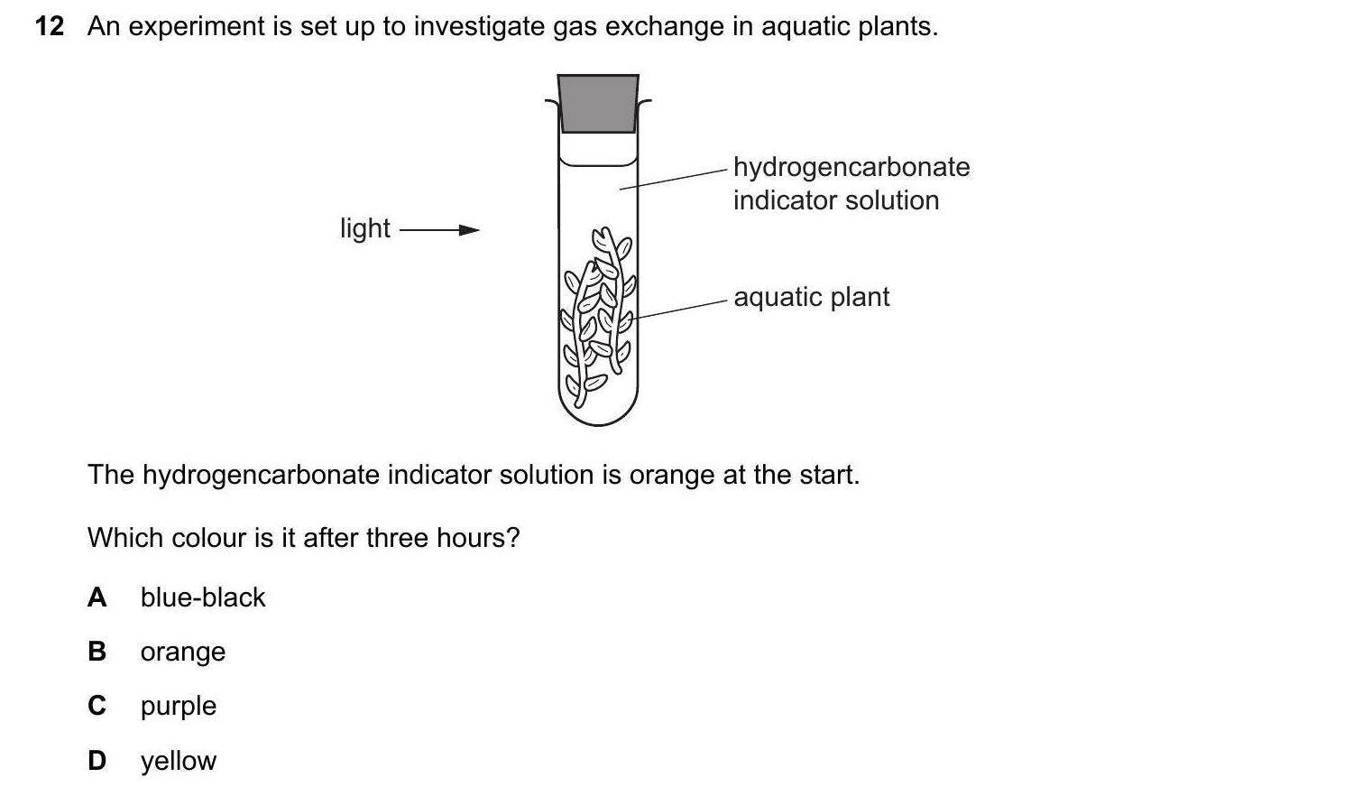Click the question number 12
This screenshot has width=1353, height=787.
(x=50, y=26)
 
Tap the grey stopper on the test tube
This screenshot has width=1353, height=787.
(x=598, y=104)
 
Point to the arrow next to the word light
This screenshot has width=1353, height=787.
(x=440, y=230)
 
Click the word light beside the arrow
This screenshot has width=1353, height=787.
(x=364, y=228)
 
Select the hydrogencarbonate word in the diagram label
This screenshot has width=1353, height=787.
(x=851, y=168)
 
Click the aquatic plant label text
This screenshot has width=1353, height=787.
(x=812, y=298)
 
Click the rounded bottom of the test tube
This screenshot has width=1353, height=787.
(x=598, y=410)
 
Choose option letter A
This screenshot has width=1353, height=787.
(x=97, y=597)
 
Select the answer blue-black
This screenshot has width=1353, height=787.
(x=203, y=597)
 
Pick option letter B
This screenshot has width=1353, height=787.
(x=97, y=652)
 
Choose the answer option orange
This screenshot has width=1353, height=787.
(x=183, y=653)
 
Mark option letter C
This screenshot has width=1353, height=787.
(x=97, y=706)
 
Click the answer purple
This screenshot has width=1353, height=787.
(x=179, y=707)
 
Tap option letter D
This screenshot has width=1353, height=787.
(x=97, y=761)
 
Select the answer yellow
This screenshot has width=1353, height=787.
(x=179, y=762)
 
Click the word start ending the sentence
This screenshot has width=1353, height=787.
(x=829, y=475)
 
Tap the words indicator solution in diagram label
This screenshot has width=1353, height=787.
(x=836, y=200)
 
